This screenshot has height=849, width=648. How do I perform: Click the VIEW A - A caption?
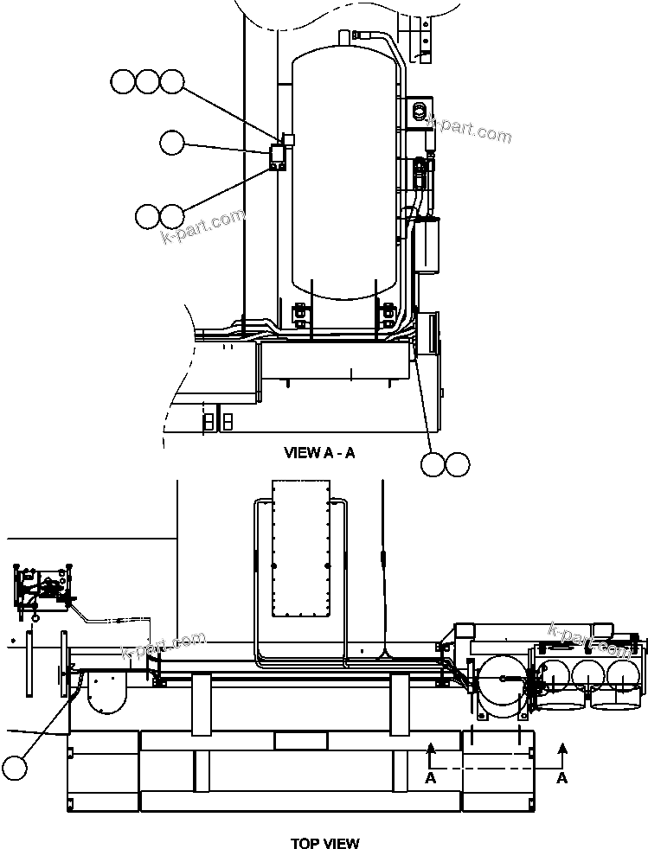click(319, 453)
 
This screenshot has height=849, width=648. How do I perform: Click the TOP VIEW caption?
click(324, 843)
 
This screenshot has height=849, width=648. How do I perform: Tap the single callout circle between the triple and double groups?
click(172, 143)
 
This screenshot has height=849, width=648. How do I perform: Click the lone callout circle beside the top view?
click(15, 766)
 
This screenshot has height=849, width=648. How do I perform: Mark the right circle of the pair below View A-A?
click(458, 464)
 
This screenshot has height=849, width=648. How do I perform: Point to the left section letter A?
click(430, 778)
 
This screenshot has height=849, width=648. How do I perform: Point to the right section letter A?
click(561, 778)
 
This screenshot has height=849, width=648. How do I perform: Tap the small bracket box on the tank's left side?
click(279, 157)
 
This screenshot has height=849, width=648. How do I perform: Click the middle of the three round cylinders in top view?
click(589, 674)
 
